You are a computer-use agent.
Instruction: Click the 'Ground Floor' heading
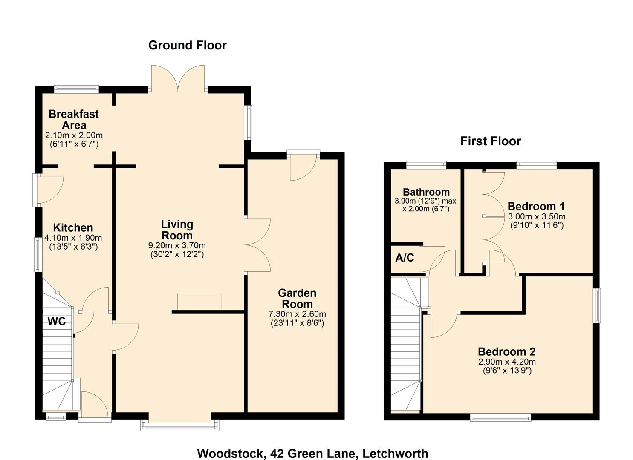[187, 45]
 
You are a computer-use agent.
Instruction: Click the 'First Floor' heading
[490, 141]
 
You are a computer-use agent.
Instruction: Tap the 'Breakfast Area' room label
[74, 119]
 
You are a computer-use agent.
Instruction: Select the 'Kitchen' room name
[73, 227]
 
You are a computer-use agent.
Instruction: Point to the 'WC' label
[56, 322]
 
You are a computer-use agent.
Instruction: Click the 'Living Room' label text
[177, 230]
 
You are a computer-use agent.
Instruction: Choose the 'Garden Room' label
[297, 299]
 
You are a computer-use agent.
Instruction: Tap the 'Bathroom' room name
[426, 192]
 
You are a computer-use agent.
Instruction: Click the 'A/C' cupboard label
[405, 258]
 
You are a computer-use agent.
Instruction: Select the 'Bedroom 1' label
[536, 207]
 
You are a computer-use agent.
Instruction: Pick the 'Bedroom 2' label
[506, 351]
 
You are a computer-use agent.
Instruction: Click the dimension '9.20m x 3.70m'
[177, 246]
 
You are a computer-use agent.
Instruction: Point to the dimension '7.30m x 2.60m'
[297, 314]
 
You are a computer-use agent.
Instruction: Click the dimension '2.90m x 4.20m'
[506, 362]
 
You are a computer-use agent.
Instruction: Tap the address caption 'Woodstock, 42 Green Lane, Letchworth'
[312, 453]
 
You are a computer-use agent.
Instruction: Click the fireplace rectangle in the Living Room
[199, 301]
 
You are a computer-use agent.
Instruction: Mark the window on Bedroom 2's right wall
[597, 305]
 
